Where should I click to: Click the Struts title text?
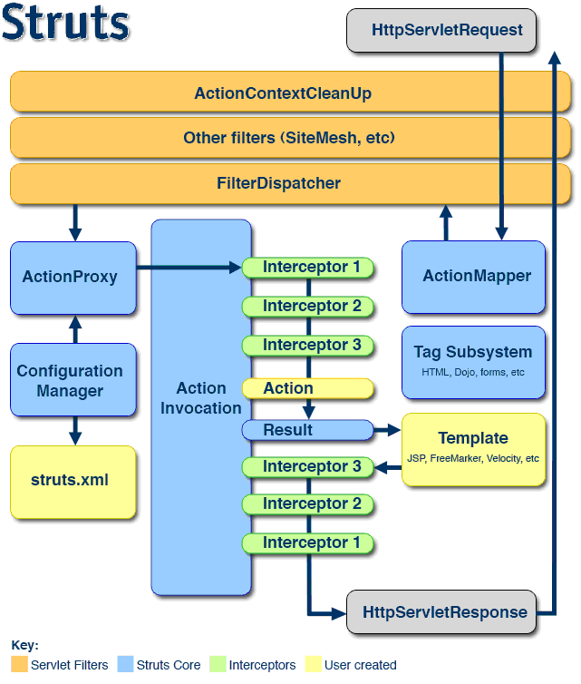coord(65,25)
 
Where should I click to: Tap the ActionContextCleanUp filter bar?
coord(290,93)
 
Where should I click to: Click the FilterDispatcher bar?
coord(290,184)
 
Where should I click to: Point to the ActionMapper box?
coord(473,277)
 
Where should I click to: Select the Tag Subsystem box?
coord(473,361)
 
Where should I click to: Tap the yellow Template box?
coord(473,449)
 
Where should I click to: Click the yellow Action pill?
coord(308,389)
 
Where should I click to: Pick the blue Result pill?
coord(308,430)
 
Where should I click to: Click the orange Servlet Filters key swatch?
coord(19,665)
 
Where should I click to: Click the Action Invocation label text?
coord(201,398)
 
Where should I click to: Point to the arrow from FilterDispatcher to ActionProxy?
coord(75,221)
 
